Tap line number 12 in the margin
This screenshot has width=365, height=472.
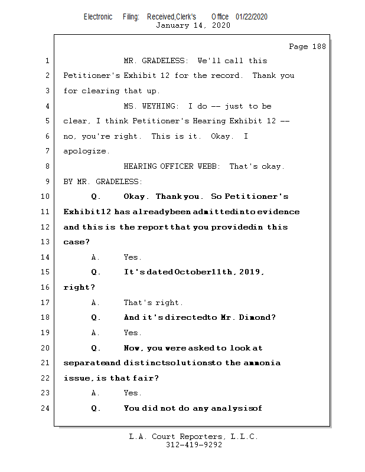pos(47,227)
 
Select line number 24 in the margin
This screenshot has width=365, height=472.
pos(47,408)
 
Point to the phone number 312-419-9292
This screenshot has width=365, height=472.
pos(194,445)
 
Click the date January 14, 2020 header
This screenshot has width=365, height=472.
pos(193,25)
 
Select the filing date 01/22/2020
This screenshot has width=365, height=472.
pos(252,17)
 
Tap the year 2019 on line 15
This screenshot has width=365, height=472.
pos(250,272)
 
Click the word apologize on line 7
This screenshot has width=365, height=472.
pos(86,151)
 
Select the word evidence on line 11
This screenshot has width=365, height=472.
pos(278,212)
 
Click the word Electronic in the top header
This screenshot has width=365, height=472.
pos(98,17)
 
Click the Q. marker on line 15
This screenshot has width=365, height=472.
pos(96,272)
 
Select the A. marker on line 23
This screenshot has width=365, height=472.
pos(96,393)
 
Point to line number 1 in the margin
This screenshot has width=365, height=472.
pos(47,61)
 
